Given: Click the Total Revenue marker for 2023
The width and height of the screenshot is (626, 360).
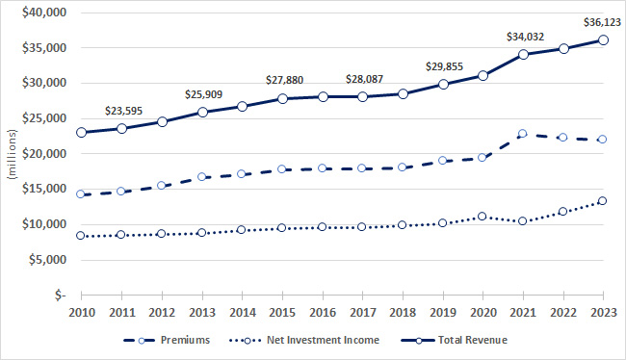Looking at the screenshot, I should [604, 39].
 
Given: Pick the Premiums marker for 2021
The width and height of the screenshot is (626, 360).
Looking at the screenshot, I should [523, 134].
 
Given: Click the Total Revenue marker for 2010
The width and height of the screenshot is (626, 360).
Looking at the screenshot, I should [82, 132].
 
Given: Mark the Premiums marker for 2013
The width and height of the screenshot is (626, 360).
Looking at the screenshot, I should [202, 177].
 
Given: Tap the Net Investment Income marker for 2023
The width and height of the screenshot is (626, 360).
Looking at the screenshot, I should [604, 201].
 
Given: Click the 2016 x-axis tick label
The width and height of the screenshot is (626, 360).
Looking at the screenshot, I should [323, 311].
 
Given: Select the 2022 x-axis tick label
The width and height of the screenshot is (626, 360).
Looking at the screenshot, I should [563, 311].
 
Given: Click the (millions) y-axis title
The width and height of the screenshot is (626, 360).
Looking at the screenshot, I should [12, 154].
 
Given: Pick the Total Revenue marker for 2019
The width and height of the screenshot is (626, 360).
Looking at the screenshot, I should [443, 84].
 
